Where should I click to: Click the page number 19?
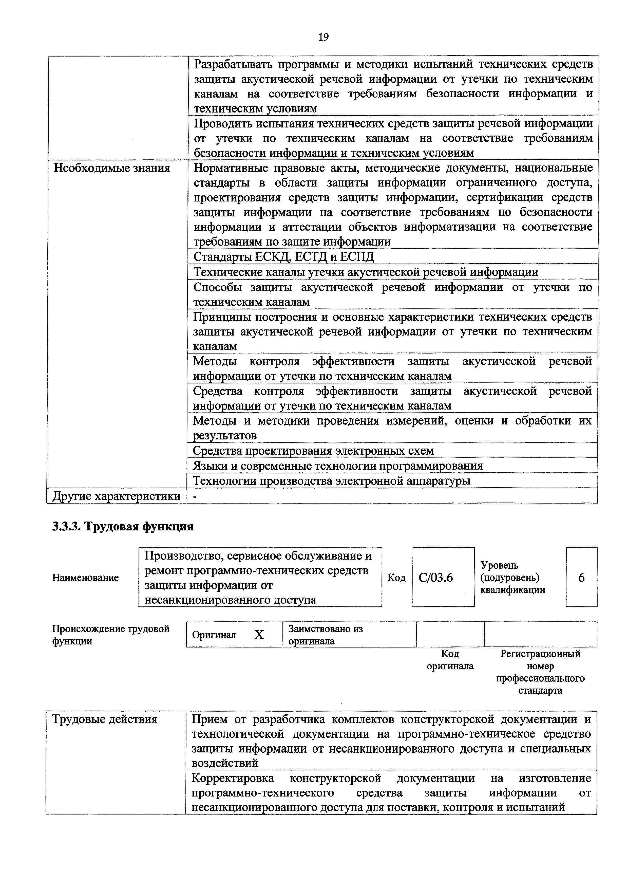coord(323,37)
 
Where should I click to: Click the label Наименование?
coord(85,578)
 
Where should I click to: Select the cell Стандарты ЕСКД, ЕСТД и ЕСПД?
coord(284,257)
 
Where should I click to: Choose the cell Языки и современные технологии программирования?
coord(338,466)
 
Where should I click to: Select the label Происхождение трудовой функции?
coord(111,635)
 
